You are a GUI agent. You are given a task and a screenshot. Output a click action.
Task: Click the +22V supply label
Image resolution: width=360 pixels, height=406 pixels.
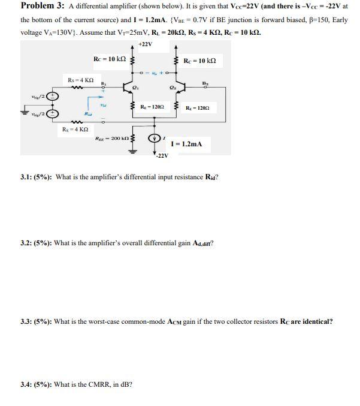145,44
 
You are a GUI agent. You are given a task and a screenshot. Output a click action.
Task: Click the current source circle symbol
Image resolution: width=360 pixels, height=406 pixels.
160,136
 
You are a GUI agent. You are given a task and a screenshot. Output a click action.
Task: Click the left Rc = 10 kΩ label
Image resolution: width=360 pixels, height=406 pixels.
110,58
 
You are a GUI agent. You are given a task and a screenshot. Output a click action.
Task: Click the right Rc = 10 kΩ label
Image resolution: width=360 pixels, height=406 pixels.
199,61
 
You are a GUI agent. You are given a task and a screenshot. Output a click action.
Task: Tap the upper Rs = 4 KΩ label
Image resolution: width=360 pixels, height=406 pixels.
78,80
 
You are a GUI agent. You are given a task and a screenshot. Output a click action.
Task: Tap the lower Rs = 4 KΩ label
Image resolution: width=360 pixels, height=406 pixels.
75,130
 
